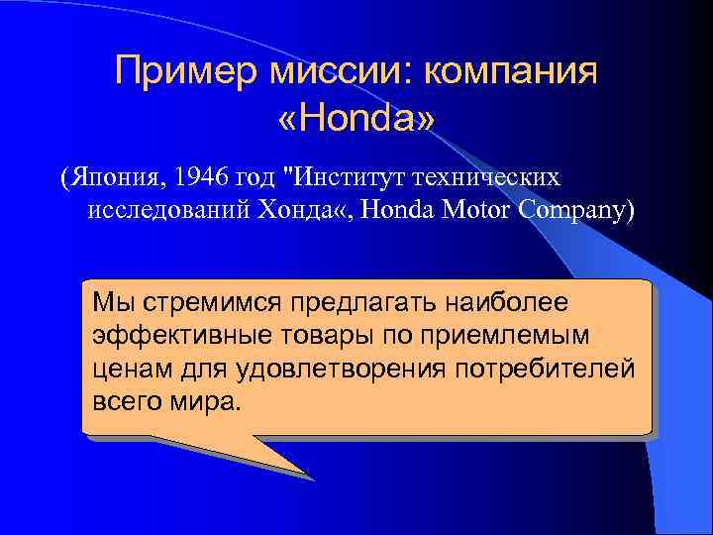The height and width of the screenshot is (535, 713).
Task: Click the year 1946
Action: pyautogui.click(x=201, y=177)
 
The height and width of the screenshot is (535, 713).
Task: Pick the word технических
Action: pyautogui.click(x=490, y=177)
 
